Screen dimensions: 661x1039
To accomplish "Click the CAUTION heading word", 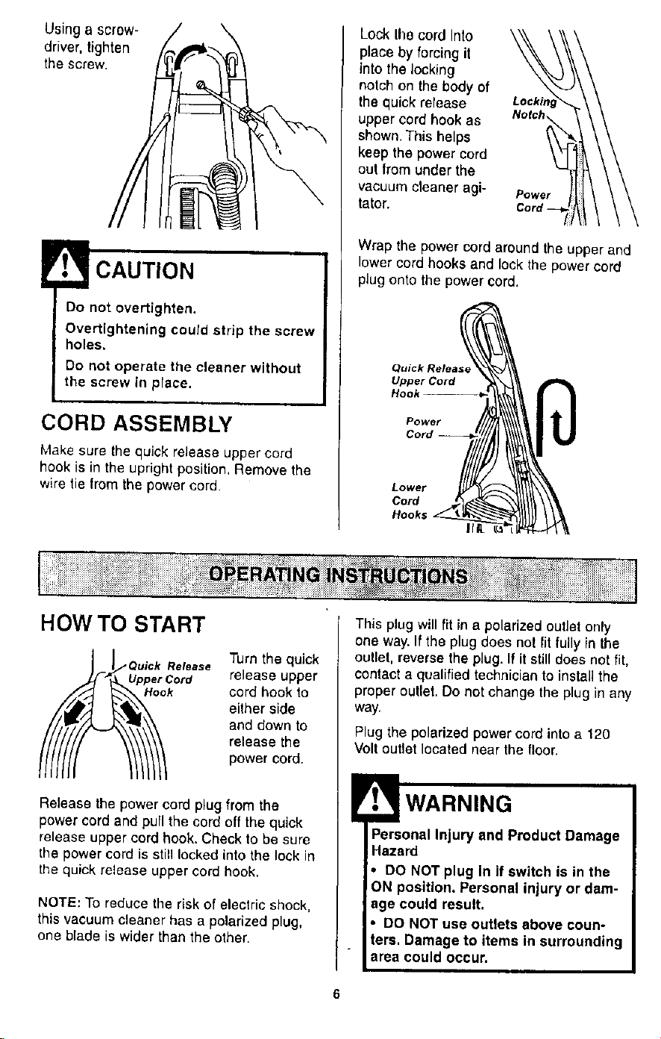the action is (145, 271).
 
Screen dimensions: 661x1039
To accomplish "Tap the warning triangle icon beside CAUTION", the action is (65, 264).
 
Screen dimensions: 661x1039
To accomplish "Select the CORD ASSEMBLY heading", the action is (137, 423).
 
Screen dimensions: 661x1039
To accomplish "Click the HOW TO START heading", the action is (122, 624).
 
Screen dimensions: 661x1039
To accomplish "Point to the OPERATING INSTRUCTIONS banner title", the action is (338, 575).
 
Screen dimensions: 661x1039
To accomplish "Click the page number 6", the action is (336, 994).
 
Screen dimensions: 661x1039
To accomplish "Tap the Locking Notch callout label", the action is (534, 108).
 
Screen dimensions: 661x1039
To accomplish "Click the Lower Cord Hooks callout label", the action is (409, 501).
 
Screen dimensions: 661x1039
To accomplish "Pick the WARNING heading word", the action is (459, 804).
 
